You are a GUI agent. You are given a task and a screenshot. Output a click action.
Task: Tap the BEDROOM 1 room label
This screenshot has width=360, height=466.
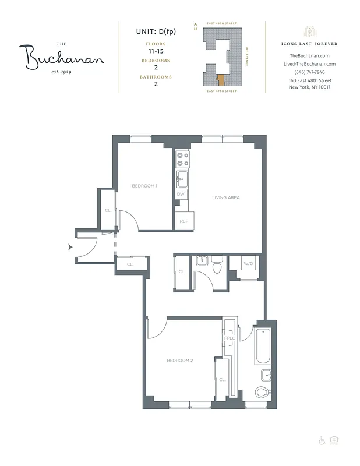point(144,186)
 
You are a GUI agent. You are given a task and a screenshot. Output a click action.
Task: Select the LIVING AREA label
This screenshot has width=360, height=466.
point(225,197)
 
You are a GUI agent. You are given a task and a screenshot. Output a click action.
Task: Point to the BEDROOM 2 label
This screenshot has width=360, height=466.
point(179,361)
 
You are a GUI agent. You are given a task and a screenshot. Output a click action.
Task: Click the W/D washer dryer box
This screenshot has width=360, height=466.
point(248,264)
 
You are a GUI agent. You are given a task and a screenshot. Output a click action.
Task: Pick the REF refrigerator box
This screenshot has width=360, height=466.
point(183,221)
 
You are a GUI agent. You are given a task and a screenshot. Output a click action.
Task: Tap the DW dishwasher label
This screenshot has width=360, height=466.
point(181,194)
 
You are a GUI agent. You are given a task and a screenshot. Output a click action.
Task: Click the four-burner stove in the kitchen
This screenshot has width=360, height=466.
point(182,159)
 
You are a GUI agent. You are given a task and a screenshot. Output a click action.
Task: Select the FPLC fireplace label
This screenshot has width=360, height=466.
point(229,338)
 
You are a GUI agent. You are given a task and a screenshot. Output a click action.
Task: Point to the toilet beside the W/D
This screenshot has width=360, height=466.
point(217,266)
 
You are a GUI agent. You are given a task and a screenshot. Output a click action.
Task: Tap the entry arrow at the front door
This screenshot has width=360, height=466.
point(70,247)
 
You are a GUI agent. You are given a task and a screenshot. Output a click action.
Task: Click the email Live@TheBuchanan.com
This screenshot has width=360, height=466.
point(309,64)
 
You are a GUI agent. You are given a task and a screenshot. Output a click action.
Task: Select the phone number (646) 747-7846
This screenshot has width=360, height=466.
point(309,72)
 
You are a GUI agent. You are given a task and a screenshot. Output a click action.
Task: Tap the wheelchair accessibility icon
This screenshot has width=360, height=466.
point(322,440)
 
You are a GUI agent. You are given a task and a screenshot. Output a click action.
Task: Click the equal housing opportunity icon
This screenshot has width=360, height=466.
point(334,440)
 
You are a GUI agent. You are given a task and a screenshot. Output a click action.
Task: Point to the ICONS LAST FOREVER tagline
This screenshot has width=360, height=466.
point(309,44)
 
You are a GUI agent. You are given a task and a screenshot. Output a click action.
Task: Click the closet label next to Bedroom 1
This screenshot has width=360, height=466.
point(108,210)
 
